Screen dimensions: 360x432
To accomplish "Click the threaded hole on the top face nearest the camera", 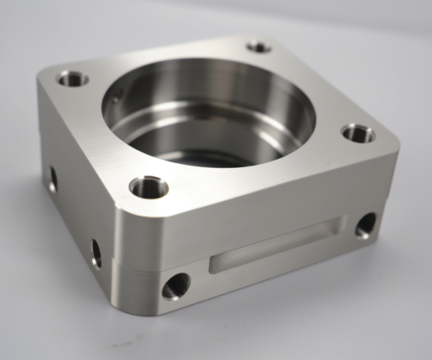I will (149, 187).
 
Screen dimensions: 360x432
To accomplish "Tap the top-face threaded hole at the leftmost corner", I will (73, 78).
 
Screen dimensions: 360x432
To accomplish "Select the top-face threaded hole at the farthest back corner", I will (258, 47).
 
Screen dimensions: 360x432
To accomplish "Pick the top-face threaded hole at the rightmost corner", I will (358, 133).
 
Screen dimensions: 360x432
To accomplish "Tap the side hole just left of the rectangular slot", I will (176, 286).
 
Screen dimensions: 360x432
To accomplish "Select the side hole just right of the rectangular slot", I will (365, 225).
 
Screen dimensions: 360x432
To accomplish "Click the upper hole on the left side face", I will (53, 177).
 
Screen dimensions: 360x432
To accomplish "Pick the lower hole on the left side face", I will (96, 253).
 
